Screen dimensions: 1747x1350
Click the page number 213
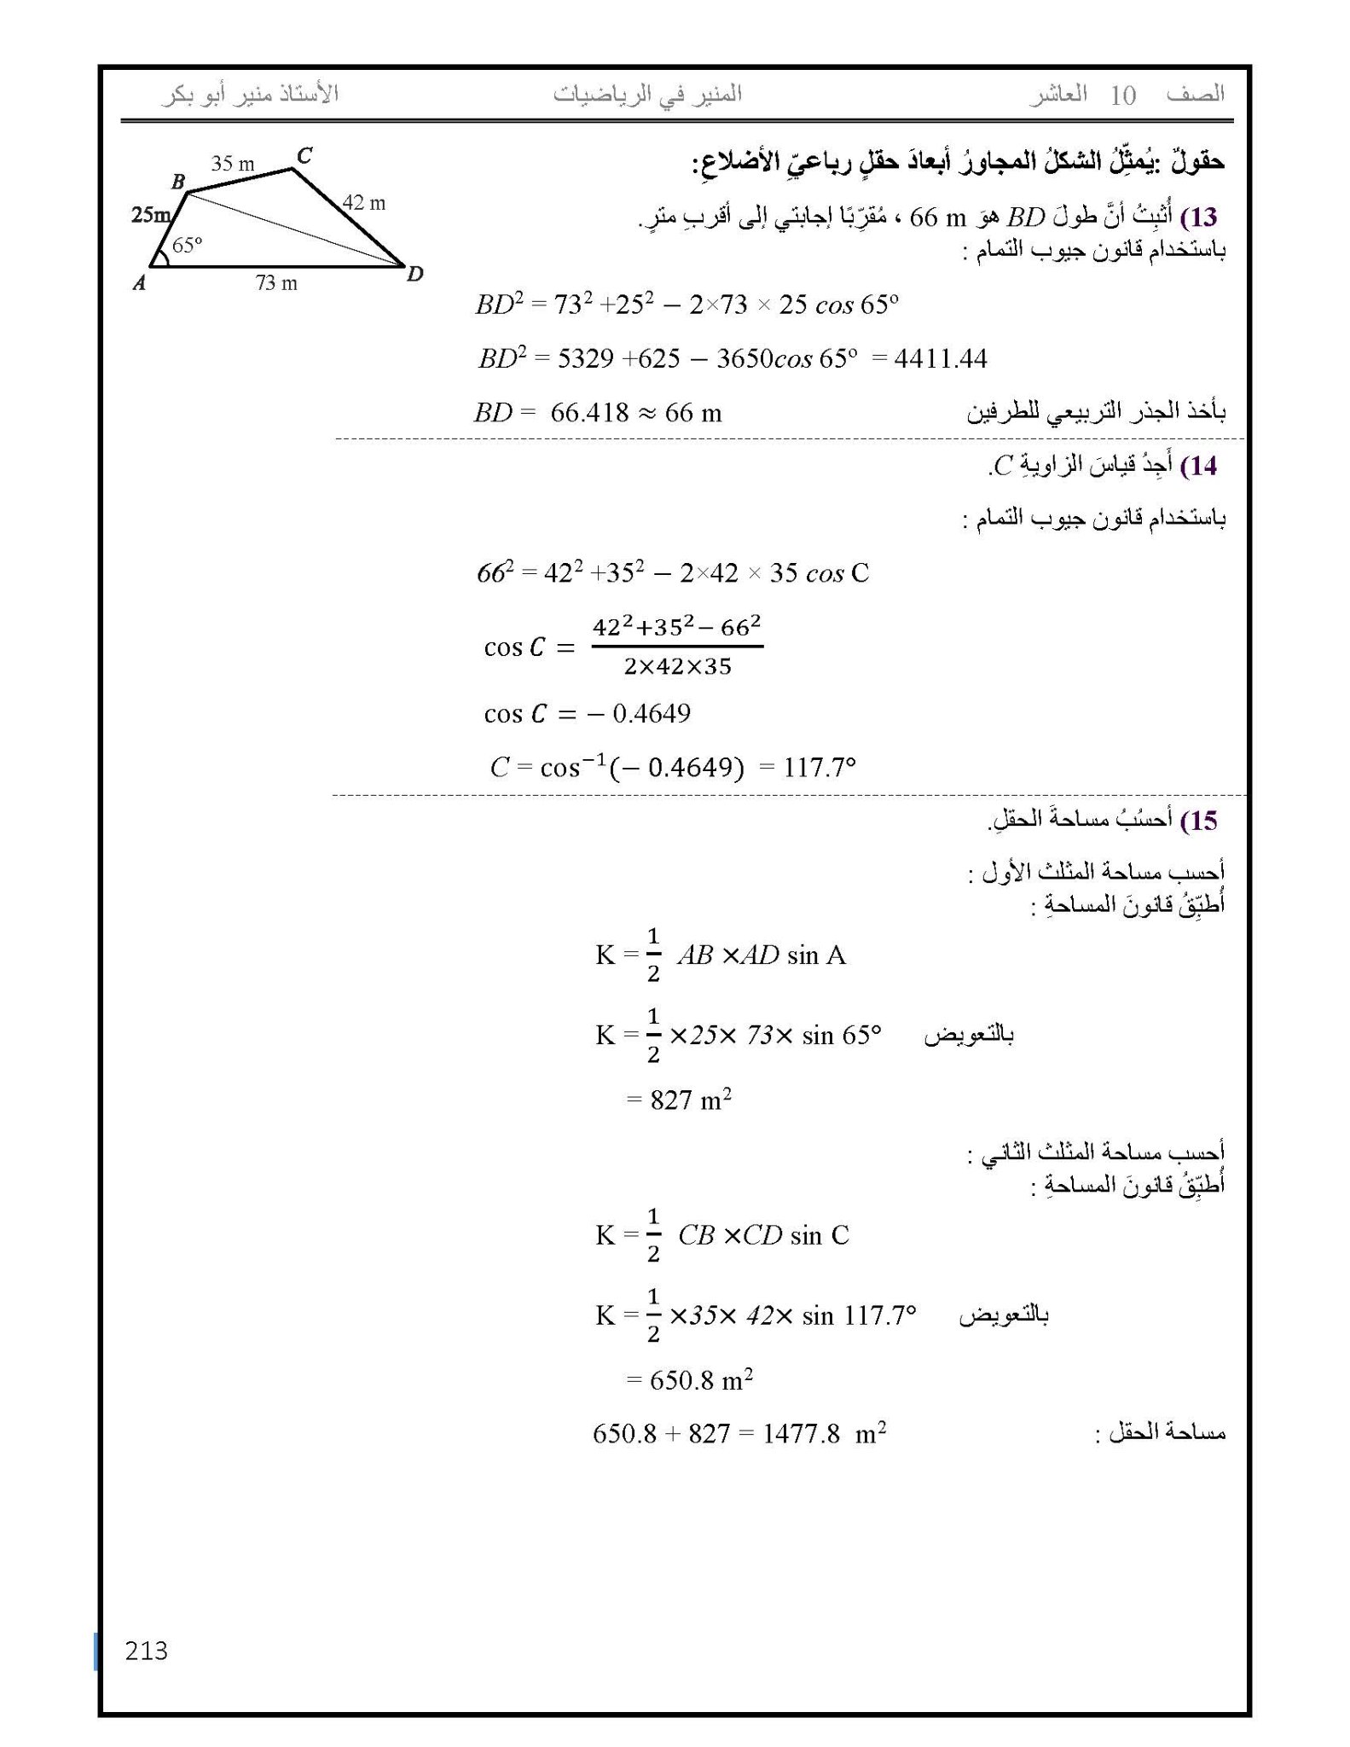pyautogui.click(x=146, y=1651)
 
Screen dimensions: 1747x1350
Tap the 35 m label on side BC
pyautogui.click(x=233, y=164)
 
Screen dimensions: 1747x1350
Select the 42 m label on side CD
pyautogui.click(x=364, y=203)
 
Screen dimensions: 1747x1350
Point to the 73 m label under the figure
pyautogui.click(x=276, y=283)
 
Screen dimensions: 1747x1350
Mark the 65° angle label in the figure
pyautogui.click(x=187, y=246)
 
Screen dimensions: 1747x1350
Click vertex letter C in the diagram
pyautogui.click(x=304, y=155)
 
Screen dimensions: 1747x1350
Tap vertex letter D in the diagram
pyautogui.click(x=414, y=274)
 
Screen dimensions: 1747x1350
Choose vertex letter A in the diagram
pyautogui.click(x=140, y=283)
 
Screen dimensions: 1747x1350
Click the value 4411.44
pyautogui.click(x=941, y=358)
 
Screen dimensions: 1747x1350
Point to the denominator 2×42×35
pyautogui.click(x=677, y=667)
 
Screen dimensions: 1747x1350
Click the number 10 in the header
pyautogui.click(x=1123, y=96)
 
